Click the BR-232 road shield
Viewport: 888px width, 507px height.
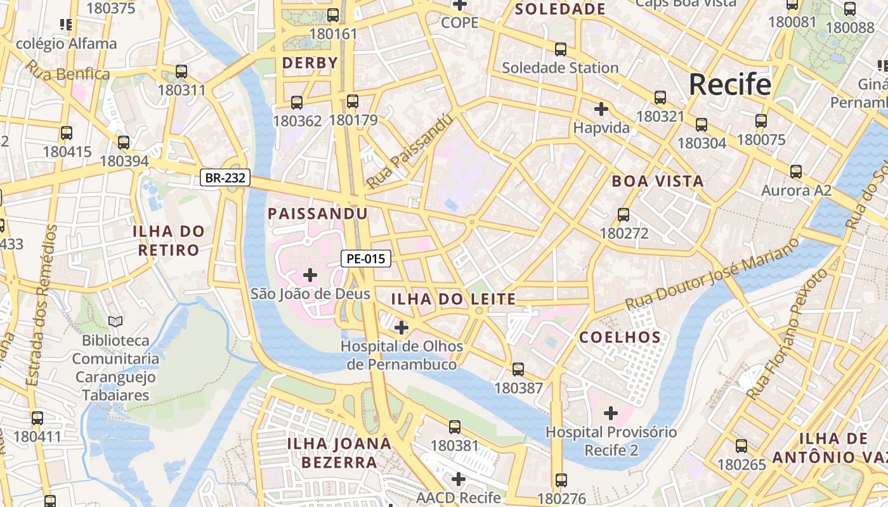225,178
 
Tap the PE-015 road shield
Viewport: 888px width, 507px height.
365,259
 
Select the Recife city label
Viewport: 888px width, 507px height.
729,84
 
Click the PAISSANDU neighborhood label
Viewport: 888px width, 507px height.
317,214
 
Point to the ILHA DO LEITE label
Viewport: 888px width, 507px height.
453,299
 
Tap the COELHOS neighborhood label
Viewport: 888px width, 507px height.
620,337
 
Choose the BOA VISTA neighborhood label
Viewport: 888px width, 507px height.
657,181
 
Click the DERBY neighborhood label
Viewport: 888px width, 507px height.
310,63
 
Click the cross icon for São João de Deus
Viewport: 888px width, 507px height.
310,275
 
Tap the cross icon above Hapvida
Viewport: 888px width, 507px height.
601,109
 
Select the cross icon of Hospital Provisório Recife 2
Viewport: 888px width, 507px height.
610,414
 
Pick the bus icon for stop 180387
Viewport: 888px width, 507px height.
518,369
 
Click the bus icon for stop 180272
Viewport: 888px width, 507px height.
624,215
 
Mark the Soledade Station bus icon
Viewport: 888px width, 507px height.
560,49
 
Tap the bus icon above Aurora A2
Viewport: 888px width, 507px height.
795,172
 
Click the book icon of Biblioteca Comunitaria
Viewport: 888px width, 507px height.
115,322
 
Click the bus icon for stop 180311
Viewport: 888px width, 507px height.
181,72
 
